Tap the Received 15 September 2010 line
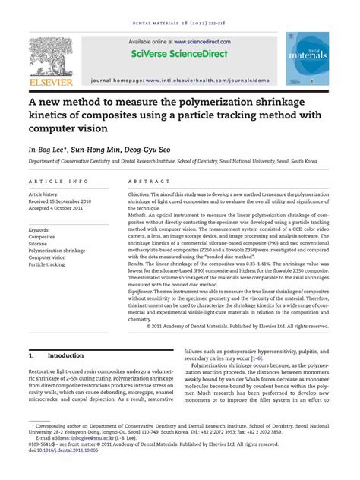(x=65, y=201)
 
